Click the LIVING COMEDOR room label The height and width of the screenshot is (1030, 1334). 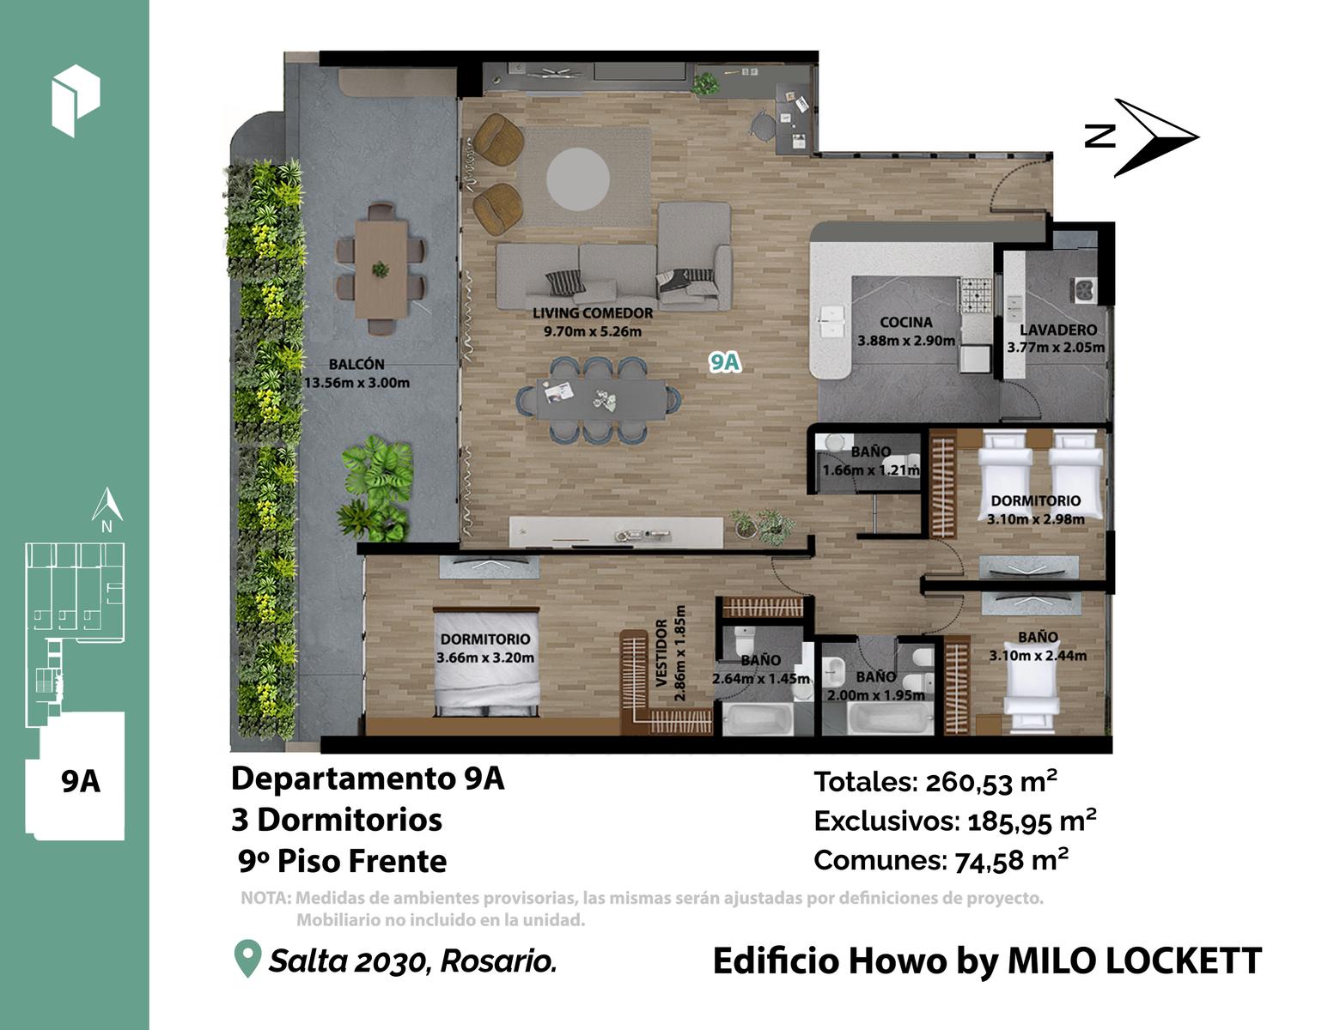point(593,313)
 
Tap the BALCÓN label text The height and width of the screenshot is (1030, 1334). point(356,364)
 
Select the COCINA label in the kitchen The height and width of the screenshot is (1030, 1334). point(905,322)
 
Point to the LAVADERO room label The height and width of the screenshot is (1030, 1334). point(1057,330)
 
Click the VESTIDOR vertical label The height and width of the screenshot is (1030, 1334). point(661,652)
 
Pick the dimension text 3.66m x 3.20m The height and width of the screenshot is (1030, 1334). point(485,657)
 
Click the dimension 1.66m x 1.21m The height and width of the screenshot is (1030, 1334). point(871,470)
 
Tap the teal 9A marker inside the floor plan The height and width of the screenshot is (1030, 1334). point(724,362)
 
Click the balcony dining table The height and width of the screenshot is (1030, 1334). point(381,270)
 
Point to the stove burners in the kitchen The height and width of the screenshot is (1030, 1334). point(975,294)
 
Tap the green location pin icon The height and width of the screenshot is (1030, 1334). point(247,958)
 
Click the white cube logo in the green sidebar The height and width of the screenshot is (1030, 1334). point(76,100)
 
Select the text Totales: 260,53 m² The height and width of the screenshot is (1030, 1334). point(935,782)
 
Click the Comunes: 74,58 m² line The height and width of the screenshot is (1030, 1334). point(941,860)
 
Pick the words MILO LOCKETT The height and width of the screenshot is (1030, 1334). point(1135,960)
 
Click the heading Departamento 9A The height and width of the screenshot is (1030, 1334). point(368,779)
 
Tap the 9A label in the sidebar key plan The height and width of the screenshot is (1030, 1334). point(81,782)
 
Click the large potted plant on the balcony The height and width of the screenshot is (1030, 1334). point(375,488)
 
